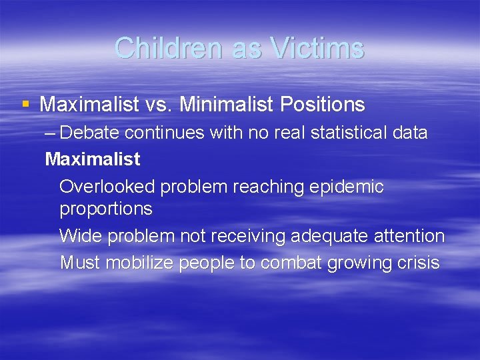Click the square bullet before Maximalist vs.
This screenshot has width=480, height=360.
tap(25, 104)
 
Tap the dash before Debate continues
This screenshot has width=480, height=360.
tap(52, 133)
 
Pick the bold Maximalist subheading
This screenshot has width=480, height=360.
tap(92, 159)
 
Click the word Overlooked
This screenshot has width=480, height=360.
tap(106, 187)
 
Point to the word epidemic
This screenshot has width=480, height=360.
tap(347, 187)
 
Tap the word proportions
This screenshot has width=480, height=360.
tap(106, 209)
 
